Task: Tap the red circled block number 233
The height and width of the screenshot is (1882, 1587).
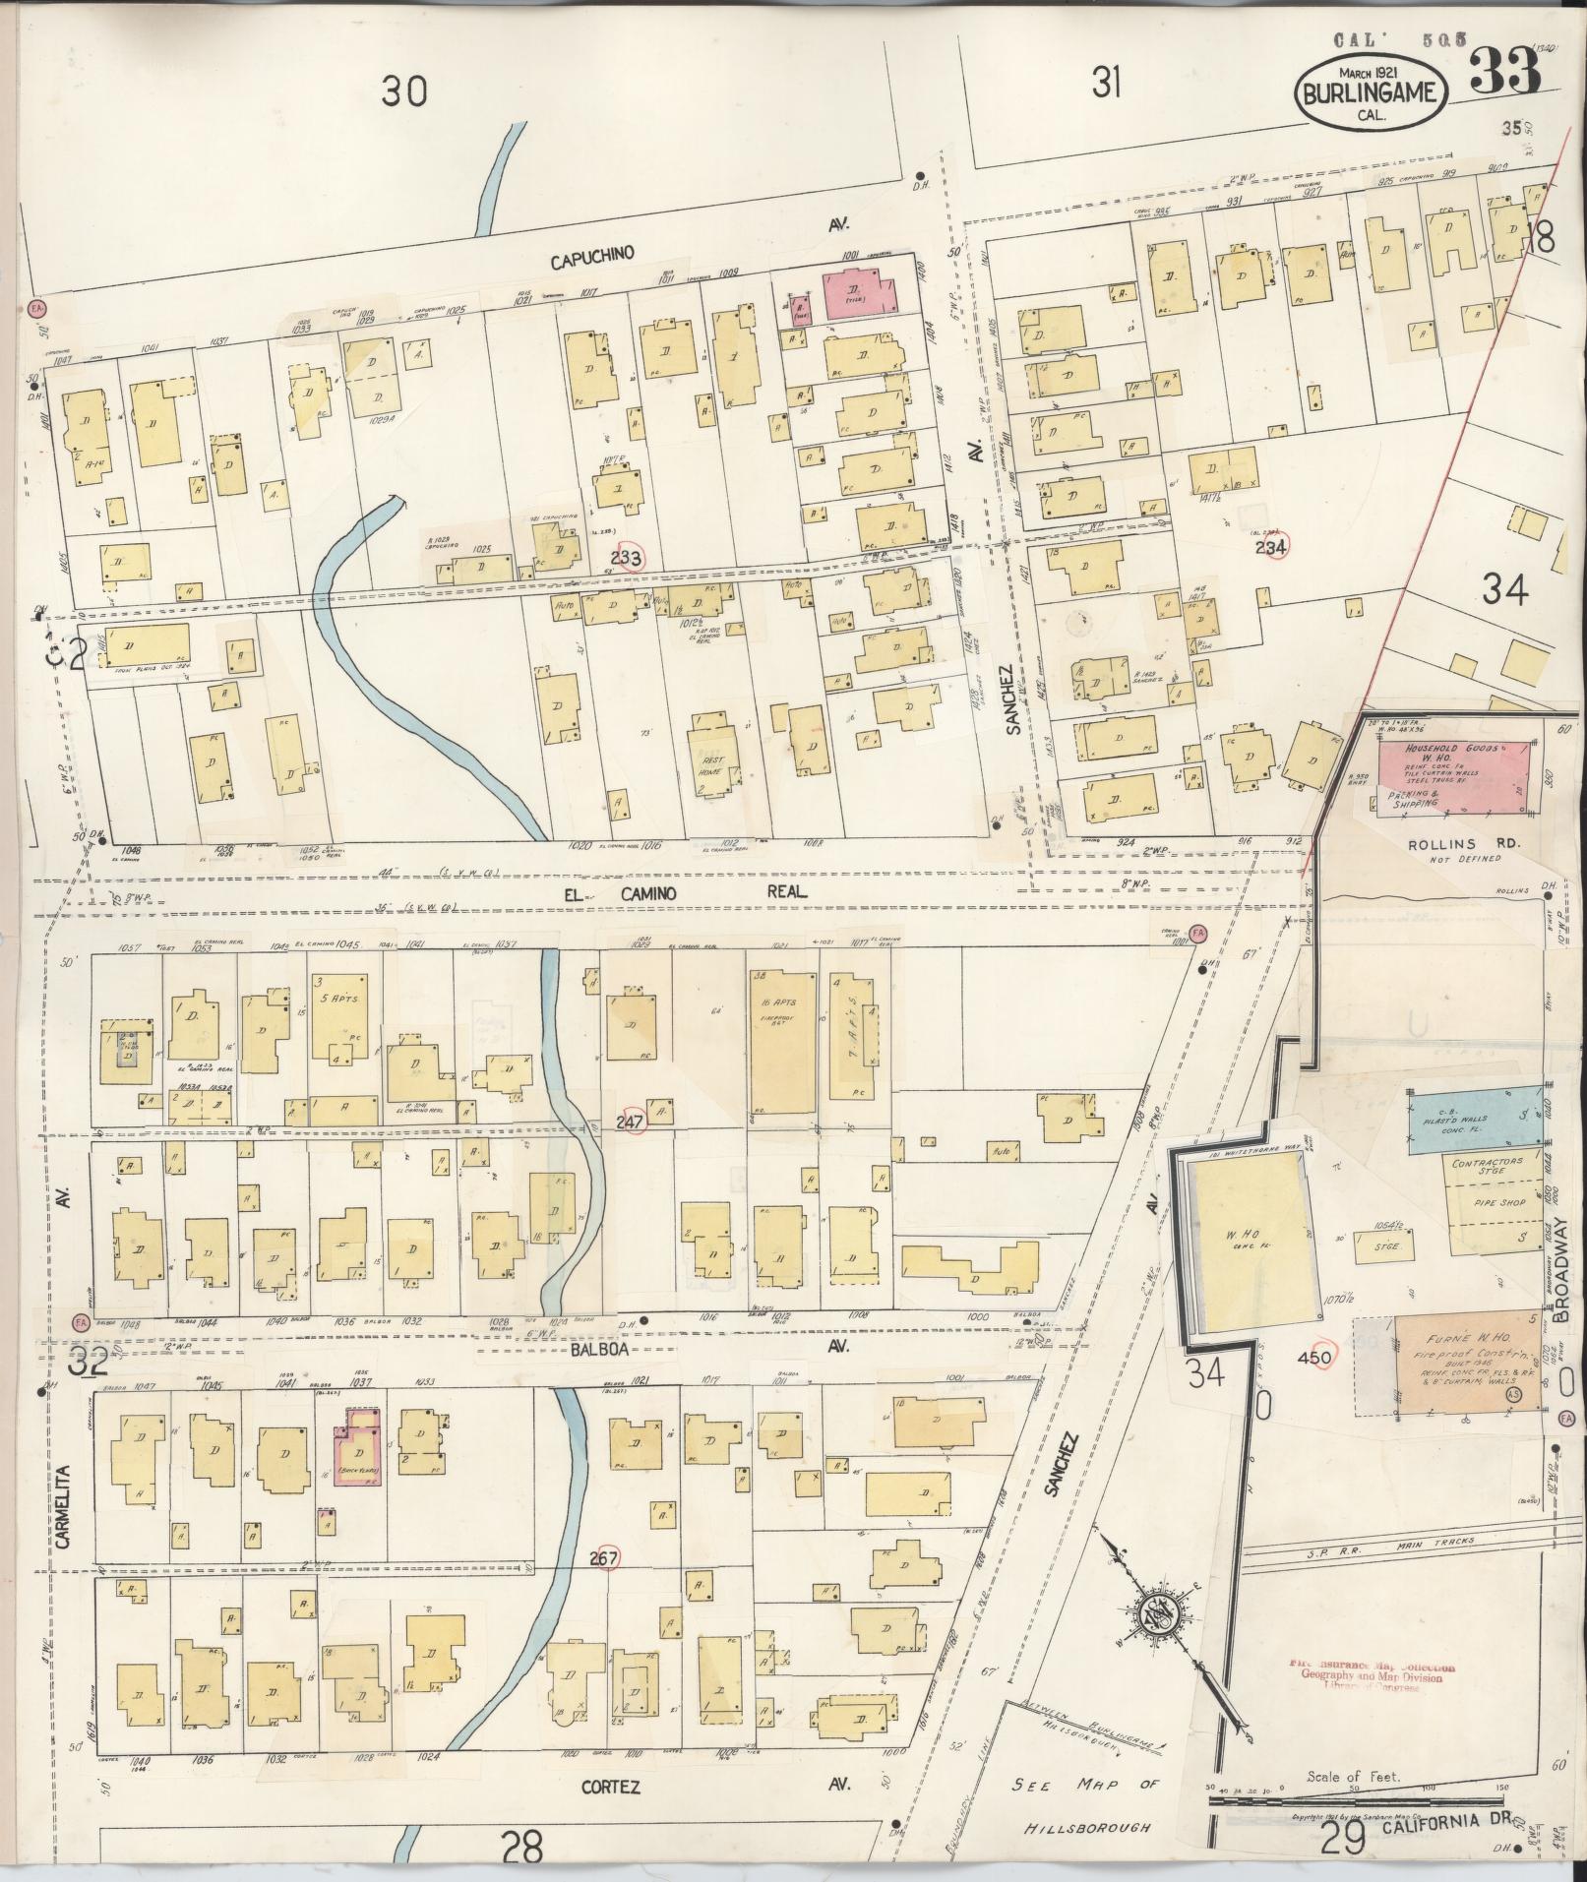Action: [x=628, y=559]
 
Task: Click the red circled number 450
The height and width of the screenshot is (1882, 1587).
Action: [x=1317, y=1358]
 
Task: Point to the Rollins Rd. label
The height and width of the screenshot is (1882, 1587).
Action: [x=1453, y=844]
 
